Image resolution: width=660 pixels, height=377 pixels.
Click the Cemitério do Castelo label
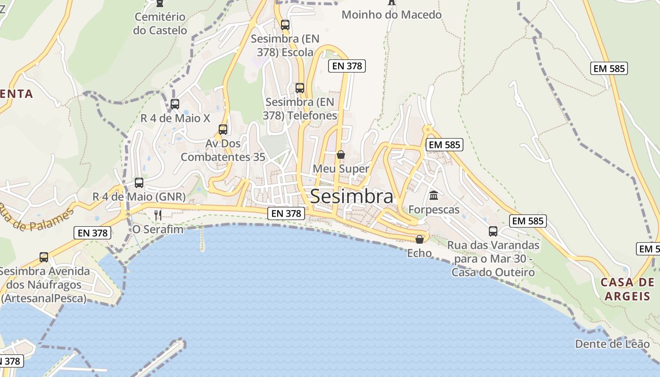click(x=160, y=24)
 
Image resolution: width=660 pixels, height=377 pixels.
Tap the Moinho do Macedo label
click(x=391, y=15)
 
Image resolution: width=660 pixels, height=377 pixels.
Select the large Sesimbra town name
click(x=352, y=197)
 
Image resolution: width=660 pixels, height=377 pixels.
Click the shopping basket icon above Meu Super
click(x=340, y=155)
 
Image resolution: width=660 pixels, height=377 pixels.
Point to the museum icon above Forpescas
click(x=434, y=195)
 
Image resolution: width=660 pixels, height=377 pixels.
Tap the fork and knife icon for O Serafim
click(x=158, y=215)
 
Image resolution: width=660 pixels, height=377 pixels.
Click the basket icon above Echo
click(x=419, y=239)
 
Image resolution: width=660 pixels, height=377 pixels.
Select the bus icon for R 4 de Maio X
click(x=175, y=104)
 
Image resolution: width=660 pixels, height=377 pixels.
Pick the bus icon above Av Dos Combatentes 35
click(x=223, y=129)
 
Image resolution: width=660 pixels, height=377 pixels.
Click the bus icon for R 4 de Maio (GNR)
click(x=139, y=183)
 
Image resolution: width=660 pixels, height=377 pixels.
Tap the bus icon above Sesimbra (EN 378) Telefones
click(x=300, y=88)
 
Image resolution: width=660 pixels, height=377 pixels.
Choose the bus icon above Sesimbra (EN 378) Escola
click(x=285, y=25)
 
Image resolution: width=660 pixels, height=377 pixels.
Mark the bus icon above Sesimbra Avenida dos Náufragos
click(x=44, y=257)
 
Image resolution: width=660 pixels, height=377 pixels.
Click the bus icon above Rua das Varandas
click(x=493, y=231)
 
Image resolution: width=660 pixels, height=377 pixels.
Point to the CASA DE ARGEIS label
click(x=627, y=289)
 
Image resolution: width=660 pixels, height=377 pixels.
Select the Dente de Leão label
click(x=612, y=344)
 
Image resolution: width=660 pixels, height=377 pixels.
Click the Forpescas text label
click(x=434, y=210)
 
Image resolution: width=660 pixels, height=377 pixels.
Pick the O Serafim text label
click(x=157, y=229)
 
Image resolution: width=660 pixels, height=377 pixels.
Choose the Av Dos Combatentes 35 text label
click(x=223, y=150)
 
